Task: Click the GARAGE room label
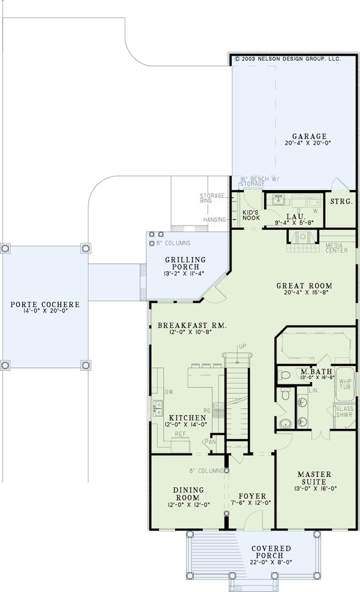click(x=310, y=136)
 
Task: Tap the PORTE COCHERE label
click(x=45, y=305)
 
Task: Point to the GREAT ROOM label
click(x=304, y=286)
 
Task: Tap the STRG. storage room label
click(x=341, y=202)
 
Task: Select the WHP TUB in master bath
click(x=345, y=384)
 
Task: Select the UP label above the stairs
click(x=242, y=347)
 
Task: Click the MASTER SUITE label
click(x=315, y=477)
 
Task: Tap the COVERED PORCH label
click(x=272, y=552)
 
